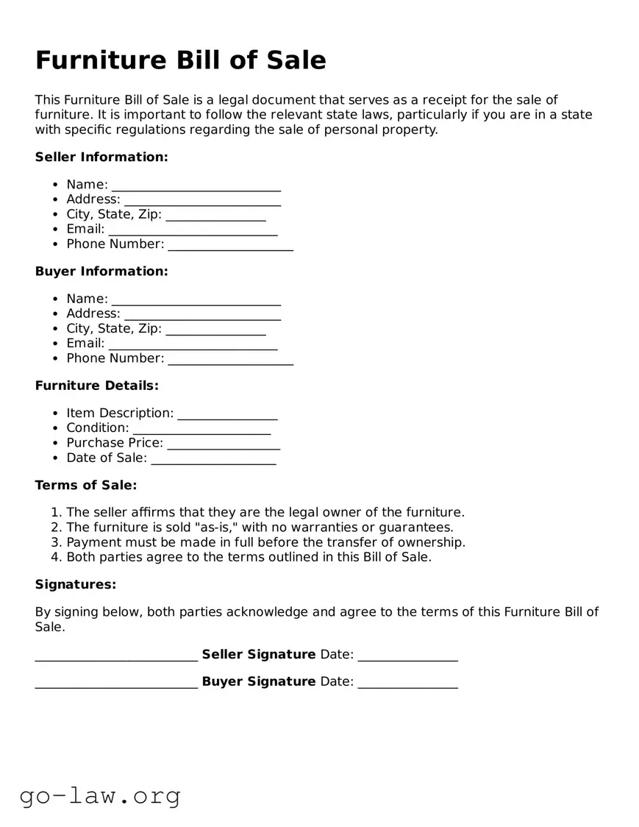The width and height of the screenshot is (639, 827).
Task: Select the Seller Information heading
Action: pos(101,157)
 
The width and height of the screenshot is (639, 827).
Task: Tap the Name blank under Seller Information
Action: pos(196,185)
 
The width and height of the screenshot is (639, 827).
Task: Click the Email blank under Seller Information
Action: pos(193,230)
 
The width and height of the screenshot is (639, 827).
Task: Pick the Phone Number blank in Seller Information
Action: pos(230,245)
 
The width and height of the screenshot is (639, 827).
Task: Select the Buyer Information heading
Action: pos(101,271)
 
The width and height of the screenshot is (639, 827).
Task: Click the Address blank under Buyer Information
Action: pos(202,314)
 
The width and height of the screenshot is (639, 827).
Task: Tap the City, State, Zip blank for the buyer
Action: pos(215,330)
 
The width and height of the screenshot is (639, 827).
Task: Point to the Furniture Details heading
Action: pos(96,385)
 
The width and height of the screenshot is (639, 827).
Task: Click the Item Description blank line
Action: pos(227,414)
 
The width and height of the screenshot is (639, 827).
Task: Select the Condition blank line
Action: pos(201,429)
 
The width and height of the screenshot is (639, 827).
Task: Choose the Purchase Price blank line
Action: pos(224,444)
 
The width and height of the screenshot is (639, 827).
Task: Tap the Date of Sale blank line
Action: pos(213,459)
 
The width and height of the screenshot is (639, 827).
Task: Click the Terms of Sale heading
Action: pos(86,485)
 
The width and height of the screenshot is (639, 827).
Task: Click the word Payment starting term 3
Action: pos(92,542)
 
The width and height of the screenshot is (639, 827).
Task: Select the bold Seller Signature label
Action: pos(258,654)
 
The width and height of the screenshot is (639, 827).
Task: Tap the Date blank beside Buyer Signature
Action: pos(407,683)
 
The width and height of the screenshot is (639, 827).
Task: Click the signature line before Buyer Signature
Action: pos(116,683)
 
